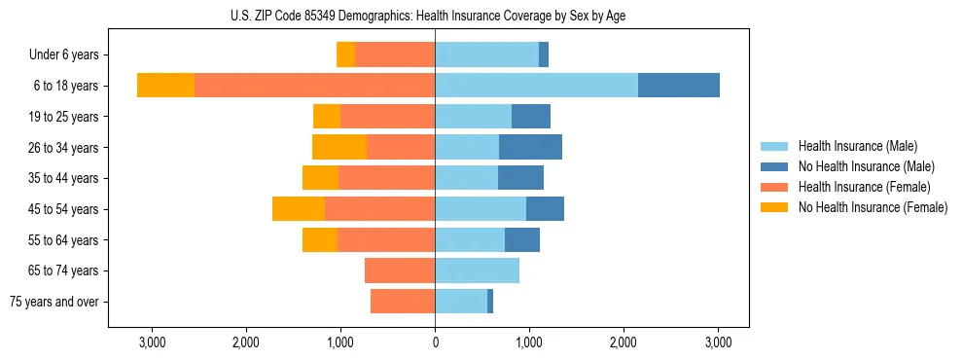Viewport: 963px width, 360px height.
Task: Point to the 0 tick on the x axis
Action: pos(435,342)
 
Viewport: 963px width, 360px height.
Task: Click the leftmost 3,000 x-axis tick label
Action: pos(152,342)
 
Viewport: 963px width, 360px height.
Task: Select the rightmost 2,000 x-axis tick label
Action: pos(624,342)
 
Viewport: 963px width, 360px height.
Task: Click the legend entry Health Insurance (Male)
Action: pos(857,146)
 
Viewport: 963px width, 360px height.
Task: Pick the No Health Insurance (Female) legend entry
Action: pos(872,207)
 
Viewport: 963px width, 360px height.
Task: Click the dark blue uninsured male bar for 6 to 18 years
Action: pos(679,86)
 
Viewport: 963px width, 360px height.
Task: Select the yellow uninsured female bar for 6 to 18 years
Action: pos(165,86)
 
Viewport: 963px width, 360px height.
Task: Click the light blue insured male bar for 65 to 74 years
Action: pos(477,270)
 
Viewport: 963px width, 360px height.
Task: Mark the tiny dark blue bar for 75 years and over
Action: pos(490,302)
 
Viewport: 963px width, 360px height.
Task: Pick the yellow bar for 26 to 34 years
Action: pos(339,147)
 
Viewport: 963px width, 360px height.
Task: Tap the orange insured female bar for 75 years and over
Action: pos(403,302)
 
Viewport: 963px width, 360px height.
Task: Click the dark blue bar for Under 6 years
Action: pos(544,54)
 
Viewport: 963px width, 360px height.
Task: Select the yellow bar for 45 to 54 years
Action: pos(299,209)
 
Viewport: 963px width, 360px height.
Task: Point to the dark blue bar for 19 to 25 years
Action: pos(531,117)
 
